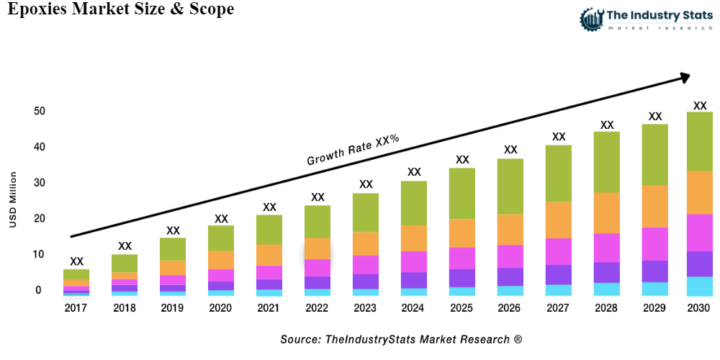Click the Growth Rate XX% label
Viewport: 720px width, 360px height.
(x=353, y=149)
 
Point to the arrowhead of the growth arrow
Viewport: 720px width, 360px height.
(x=684, y=76)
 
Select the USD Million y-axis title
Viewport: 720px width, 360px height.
(x=13, y=200)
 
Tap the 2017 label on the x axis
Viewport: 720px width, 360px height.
(x=76, y=308)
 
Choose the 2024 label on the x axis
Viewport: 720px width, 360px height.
(x=414, y=308)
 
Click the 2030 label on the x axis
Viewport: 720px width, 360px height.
(x=698, y=308)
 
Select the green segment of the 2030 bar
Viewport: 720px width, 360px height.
(x=699, y=141)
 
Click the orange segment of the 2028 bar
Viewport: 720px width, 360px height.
(x=607, y=213)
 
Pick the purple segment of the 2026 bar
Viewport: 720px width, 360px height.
(x=510, y=276)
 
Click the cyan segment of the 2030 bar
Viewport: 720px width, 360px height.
(x=699, y=286)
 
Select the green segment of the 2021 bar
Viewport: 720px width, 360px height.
(x=269, y=230)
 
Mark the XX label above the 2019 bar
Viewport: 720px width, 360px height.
(x=173, y=231)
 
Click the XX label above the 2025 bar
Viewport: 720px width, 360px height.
(x=462, y=160)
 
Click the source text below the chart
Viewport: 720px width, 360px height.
(x=401, y=338)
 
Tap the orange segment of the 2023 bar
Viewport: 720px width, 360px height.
(x=366, y=243)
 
